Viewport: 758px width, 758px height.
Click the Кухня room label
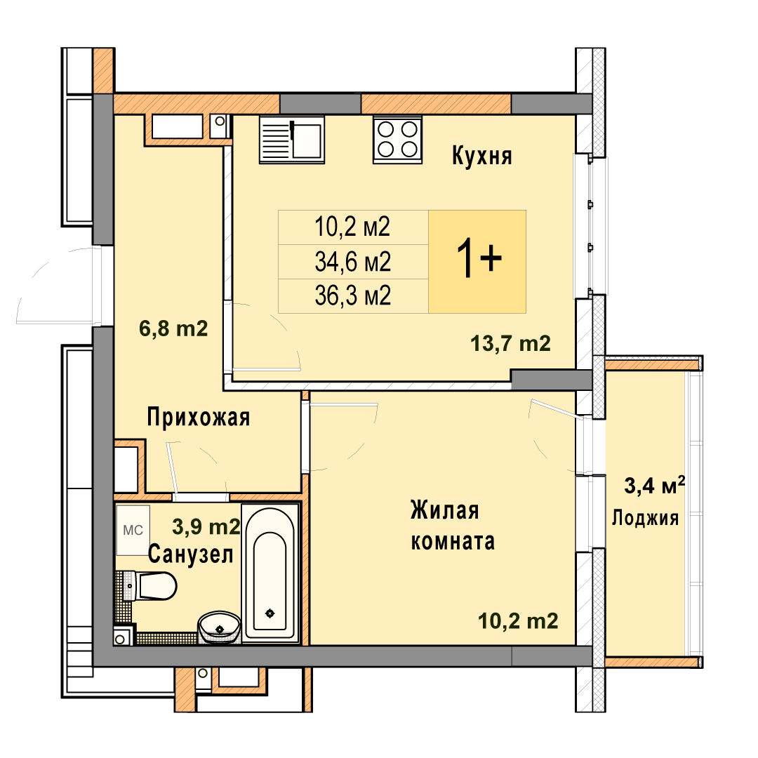(481, 157)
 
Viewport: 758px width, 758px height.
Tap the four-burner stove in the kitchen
(397, 139)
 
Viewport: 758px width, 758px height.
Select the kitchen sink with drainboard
(291, 139)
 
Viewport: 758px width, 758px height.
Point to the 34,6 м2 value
(352, 262)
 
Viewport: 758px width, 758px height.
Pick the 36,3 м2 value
(352, 295)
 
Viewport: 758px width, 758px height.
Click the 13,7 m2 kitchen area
(510, 343)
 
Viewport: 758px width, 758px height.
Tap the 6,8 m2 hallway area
(173, 328)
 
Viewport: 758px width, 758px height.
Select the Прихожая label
(198, 417)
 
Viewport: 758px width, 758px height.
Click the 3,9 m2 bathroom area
(206, 526)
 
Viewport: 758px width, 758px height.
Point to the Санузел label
(190, 554)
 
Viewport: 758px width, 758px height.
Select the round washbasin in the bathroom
(220, 627)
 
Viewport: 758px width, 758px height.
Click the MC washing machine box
(133, 531)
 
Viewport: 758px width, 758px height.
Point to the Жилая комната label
(453, 526)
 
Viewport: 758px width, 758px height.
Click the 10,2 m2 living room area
(518, 620)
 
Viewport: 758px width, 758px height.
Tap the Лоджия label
(646, 518)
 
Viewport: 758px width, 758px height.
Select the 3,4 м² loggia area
(655, 486)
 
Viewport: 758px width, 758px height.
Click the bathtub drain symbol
(270, 613)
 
